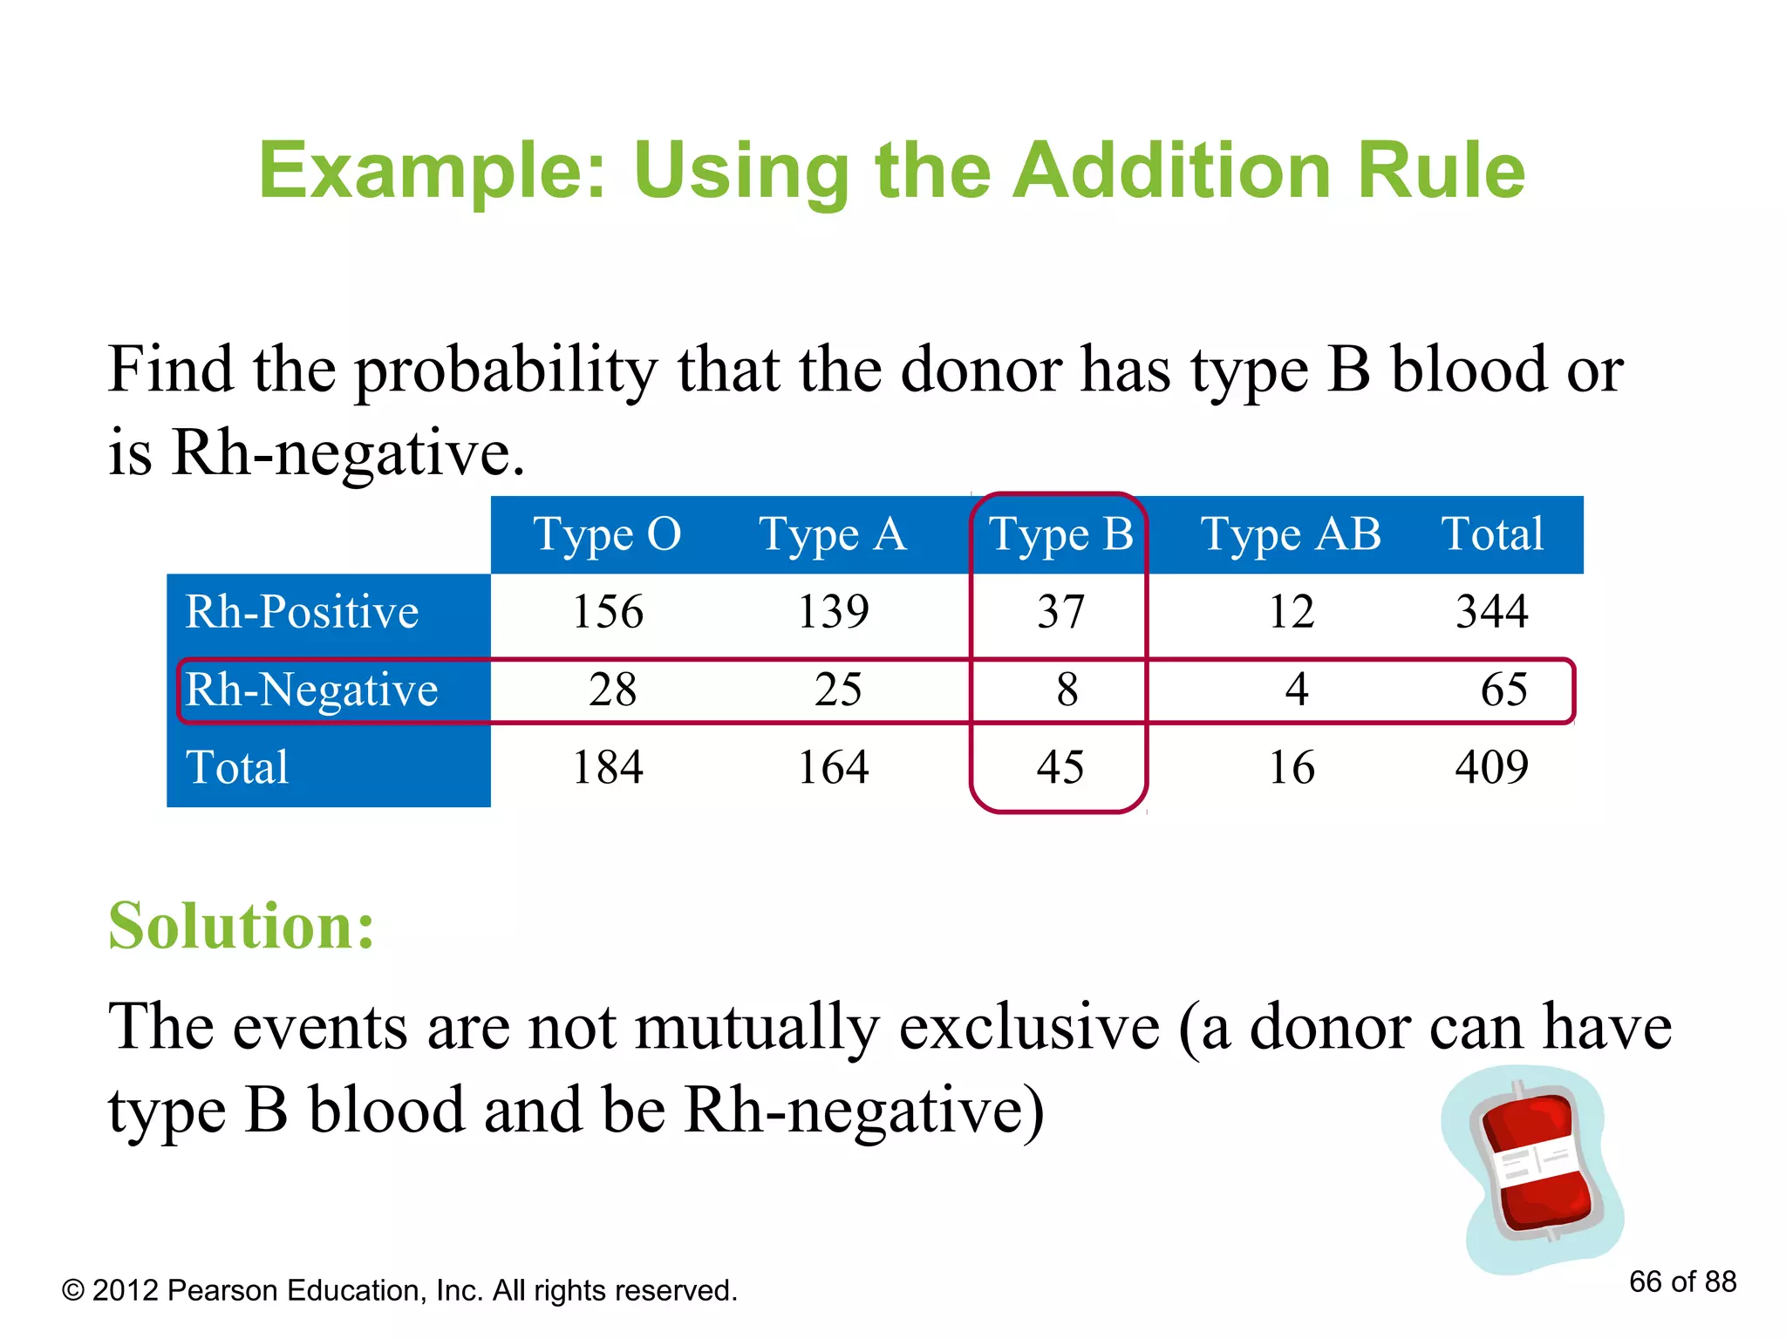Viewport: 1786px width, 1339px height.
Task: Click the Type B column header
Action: [x=1060, y=534]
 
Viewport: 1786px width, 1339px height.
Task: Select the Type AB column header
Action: [x=1291, y=534]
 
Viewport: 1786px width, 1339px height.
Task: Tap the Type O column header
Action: [x=607, y=534]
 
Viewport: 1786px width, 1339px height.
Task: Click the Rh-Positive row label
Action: [x=302, y=612]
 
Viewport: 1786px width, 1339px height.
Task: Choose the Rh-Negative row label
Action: [x=311, y=690]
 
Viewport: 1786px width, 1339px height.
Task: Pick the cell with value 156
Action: [x=608, y=612]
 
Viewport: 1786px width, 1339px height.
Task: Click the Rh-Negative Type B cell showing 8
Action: [x=1067, y=690]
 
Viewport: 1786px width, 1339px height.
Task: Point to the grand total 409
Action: [x=1491, y=768]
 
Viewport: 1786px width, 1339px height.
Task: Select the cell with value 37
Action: [x=1060, y=612]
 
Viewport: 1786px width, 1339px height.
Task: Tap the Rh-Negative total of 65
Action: [x=1503, y=690]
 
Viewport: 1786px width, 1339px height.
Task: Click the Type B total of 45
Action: [x=1060, y=768]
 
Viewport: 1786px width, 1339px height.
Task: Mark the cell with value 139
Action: [x=834, y=612]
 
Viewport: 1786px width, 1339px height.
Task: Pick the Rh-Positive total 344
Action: [x=1491, y=612]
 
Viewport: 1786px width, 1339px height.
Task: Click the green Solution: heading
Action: [x=242, y=926]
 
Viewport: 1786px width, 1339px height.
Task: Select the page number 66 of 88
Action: [x=1682, y=1281]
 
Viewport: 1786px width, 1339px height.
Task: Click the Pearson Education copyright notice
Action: [x=399, y=1290]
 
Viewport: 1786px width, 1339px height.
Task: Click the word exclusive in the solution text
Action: [x=1029, y=1027]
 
